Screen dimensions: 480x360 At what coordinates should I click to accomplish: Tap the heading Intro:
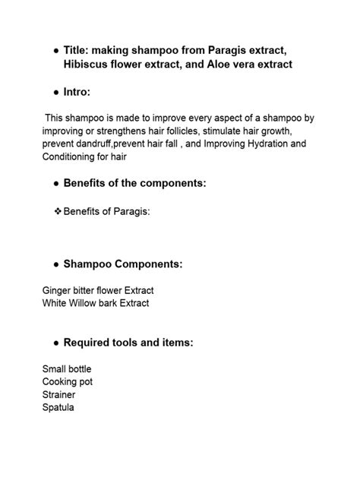pyautogui.click(x=77, y=92)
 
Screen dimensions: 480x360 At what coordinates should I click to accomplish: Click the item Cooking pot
pyautogui.click(x=68, y=382)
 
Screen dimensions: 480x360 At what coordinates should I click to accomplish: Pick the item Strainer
pyautogui.click(x=59, y=395)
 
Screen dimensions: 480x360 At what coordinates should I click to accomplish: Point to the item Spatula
pyautogui.click(x=58, y=408)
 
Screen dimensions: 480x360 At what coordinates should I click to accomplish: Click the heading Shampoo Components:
pyautogui.click(x=122, y=264)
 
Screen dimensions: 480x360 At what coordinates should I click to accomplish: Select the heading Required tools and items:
pyautogui.click(x=128, y=343)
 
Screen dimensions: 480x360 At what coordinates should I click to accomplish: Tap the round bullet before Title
pyautogui.click(x=57, y=50)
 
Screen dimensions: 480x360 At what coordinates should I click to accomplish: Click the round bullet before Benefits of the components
pyautogui.click(x=57, y=184)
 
